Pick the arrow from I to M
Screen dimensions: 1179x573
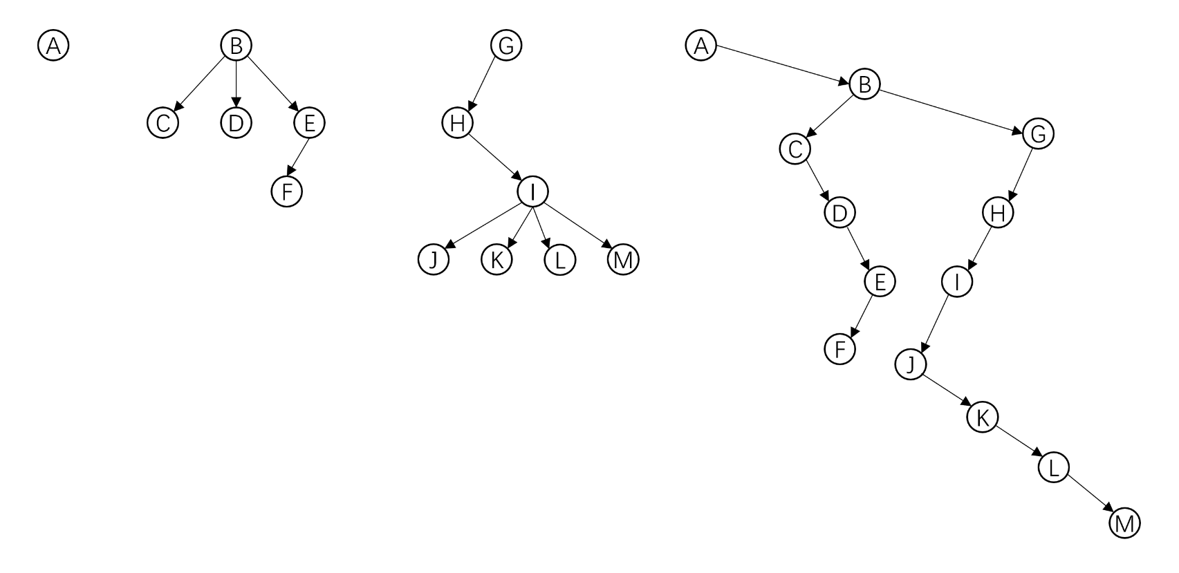[x=577, y=226]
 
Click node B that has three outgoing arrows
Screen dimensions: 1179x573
[x=236, y=46]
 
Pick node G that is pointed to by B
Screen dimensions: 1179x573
[x=1039, y=135]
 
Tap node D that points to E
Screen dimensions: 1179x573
[x=839, y=213]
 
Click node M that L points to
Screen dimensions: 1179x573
[x=1124, y=523]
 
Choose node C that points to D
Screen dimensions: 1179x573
[x=795, y=149]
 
